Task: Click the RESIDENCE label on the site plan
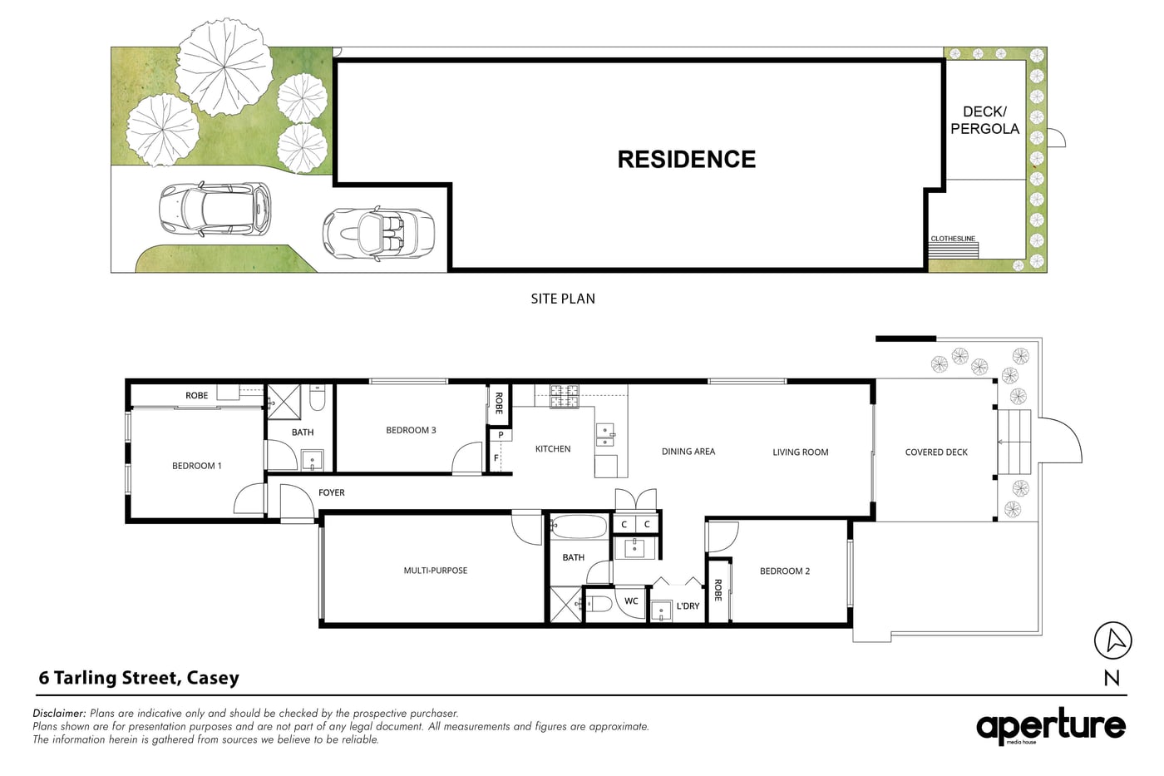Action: click(686, 160)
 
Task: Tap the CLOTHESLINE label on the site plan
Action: click(953, 239)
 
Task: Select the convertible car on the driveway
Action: click(378, 233)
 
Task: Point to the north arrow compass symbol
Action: click(1112, 640)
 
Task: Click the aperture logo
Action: click(1050, 726)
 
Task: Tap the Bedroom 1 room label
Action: click(196, 466)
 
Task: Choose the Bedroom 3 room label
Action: click(411, 430)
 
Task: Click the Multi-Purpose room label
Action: click(436, 571)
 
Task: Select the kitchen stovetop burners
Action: click(564, 397)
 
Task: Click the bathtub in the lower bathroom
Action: click(579, 526)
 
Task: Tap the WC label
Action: click(631, 601)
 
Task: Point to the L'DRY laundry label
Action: click(688, 605)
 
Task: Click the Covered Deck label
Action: click(936, 452)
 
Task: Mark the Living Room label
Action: click(800, 452)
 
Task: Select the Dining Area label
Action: click(688, 452)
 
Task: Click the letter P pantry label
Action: click(501, 435)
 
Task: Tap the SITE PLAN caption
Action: click(563, 299)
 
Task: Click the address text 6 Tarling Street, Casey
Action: click(139, 678)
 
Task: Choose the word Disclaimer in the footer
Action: click(59, 713)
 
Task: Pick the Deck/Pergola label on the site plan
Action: click(984, 120)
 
